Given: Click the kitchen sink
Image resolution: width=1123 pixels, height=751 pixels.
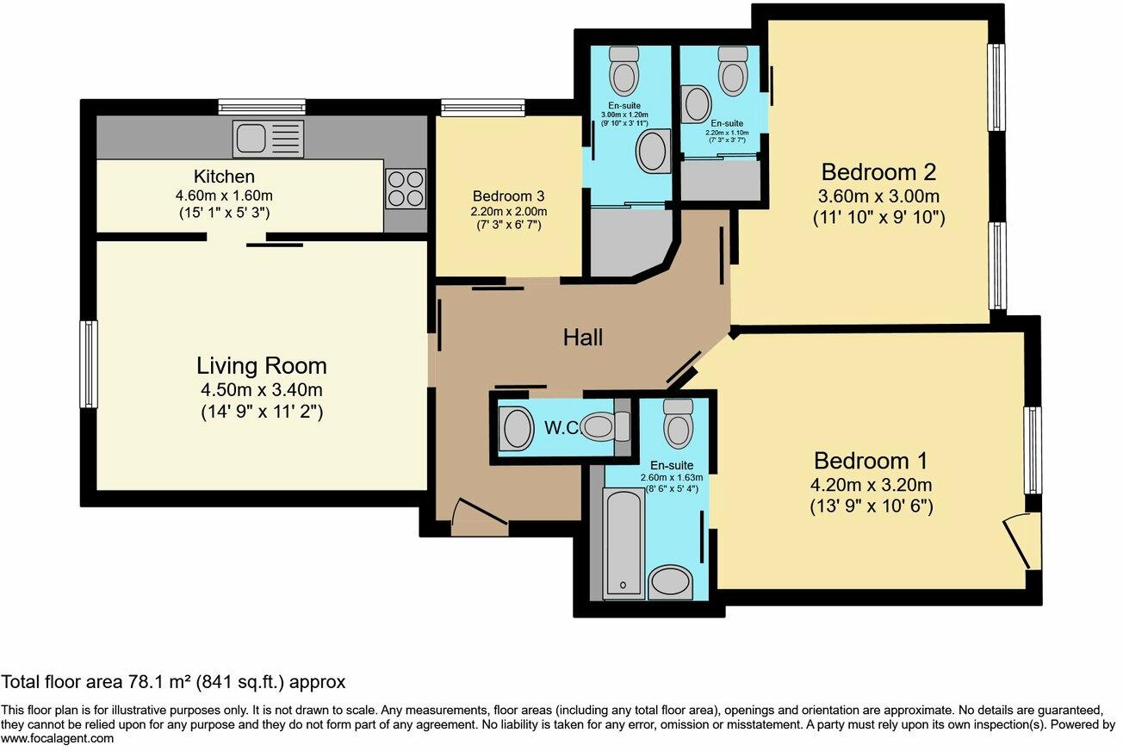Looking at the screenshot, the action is (268, 139).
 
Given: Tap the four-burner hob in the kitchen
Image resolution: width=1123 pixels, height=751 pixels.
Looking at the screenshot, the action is (406, 189).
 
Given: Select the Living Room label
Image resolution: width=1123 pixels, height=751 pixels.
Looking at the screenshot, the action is (262, 366).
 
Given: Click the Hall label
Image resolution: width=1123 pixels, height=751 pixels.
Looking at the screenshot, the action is (582, 338).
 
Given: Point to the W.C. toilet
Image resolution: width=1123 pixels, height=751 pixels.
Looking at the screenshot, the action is (606, 426).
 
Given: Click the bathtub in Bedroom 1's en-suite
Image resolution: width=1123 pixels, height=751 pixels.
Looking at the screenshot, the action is (624, 544).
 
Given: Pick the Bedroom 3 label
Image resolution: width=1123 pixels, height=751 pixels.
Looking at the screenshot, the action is (508, 196).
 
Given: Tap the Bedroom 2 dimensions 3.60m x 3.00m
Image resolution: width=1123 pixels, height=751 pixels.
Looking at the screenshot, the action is (878, 196).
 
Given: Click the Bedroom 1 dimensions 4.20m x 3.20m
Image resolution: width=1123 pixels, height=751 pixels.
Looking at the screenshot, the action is (872, 485).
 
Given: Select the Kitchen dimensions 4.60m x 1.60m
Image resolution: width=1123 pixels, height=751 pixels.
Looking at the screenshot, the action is (224, 196).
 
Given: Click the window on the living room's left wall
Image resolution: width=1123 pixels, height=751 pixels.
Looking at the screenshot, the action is (89, 364).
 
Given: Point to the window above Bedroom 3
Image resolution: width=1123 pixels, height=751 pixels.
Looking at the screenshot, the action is (483, 108).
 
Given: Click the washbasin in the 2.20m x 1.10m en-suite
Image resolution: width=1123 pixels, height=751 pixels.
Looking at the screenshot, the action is (697, 104).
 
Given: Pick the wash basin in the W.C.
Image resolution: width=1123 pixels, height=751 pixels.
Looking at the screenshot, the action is (517, 429).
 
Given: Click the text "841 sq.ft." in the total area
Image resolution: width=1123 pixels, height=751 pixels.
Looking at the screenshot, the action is (240, 682).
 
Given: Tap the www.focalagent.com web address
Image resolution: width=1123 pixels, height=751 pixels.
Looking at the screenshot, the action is (57, 738).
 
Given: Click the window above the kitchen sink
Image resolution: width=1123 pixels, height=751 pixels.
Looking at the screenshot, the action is (262, 108).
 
